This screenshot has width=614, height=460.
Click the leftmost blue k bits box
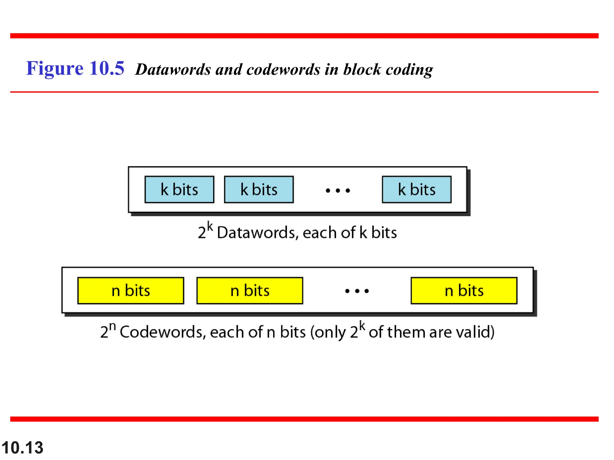(179, 190)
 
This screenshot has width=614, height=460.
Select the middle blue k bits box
(259, 190)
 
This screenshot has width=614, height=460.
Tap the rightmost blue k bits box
(416, 190)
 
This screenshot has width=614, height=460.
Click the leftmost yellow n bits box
(131, 290)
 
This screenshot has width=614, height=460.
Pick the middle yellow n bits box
(250, 290)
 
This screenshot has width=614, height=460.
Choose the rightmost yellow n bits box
(464, 290)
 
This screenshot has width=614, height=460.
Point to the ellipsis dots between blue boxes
(338, 190)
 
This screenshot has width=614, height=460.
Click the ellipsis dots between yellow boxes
(357, 291)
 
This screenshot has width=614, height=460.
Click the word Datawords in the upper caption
(256, 233)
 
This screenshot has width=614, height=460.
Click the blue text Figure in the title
(55, 69)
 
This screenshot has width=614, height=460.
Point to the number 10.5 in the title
(106, 68)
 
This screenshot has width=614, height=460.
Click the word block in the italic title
(362, 69)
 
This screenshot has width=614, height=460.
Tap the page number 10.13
(22, 448)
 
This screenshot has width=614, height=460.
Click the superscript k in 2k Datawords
(210, 227)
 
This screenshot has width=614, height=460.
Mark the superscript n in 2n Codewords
(112, 326)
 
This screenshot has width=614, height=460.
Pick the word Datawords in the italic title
(173, 69)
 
